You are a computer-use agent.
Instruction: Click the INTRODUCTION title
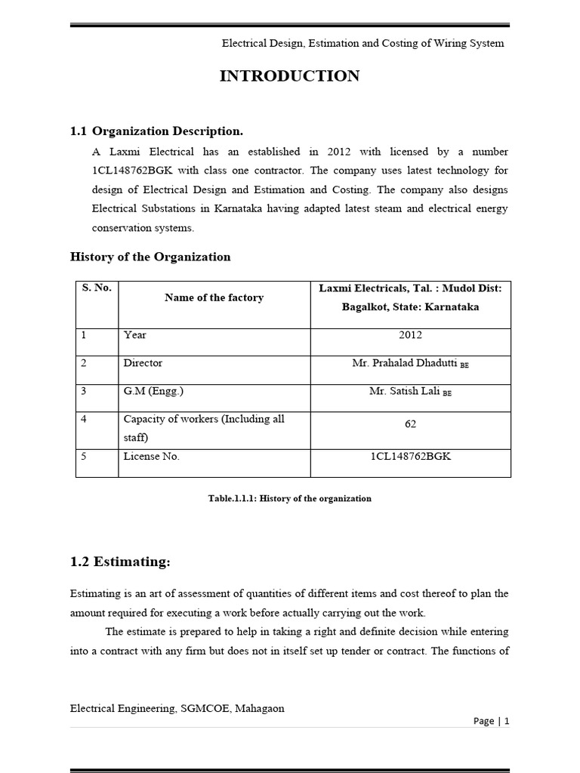pyautogui.click(x=289, y=76)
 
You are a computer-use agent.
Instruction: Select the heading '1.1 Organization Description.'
pyautogui.click(x=156, y=131)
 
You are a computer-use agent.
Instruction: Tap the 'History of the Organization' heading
pyautogui.click(x=150, y=257)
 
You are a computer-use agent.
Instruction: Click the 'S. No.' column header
pyautogui.click(x=97, y=288)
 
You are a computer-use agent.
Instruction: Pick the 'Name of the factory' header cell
pyautogui.click(x=214, y=297)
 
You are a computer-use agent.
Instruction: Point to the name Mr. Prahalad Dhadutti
pyautogui.click(x=405, y=363)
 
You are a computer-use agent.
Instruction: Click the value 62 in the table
pyautogui.click(x=410, y=424)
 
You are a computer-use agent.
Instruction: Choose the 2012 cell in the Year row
pyautogui.click(x=410, y=334)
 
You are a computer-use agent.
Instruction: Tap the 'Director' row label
pyautogui.click(x=143, y=363)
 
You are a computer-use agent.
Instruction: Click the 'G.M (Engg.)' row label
pyautogui.click(x=150, y=391)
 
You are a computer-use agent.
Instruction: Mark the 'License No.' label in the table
pyautogui.click(x=151, y=457)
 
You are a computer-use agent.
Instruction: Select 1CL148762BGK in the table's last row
pyautogui.click(x=410, y=457)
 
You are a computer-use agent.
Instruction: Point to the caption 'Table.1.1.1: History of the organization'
pyautogui.click(x=290, y=499)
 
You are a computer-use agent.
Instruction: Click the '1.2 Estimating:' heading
pyautogui.click(x=120, y=562)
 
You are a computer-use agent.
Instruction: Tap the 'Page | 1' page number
pyautogui.click(x=491, y=721)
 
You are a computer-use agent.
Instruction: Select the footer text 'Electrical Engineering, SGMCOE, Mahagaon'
pyautogui.click(x=177, y=708)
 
